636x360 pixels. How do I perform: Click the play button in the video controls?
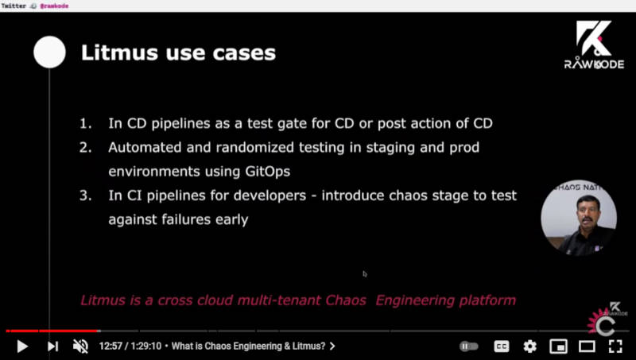(22, 346)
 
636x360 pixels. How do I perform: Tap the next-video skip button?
(52, 346)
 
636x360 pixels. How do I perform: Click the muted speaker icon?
(80, 346)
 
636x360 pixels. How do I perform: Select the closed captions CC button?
(502, 346)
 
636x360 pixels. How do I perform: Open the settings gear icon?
(529, 346)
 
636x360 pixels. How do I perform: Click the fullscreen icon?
(615, 346)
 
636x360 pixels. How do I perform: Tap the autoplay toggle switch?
(469, 346)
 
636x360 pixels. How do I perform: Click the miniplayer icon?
(558, 346)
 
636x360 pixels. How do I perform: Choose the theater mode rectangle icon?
(587, 346)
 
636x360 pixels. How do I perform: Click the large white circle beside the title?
(49, 52)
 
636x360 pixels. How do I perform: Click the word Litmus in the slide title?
(120, 52)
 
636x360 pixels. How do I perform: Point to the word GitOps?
(268, 172)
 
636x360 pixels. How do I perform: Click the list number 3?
(85, 195)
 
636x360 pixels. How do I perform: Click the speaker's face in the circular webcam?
(588, 211)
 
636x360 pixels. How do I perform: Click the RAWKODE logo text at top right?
(594, 64)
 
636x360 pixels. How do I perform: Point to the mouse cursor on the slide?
(365, 274)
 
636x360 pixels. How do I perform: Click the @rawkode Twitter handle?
(54, 6)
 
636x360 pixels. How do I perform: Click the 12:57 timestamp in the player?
(111, 346)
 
